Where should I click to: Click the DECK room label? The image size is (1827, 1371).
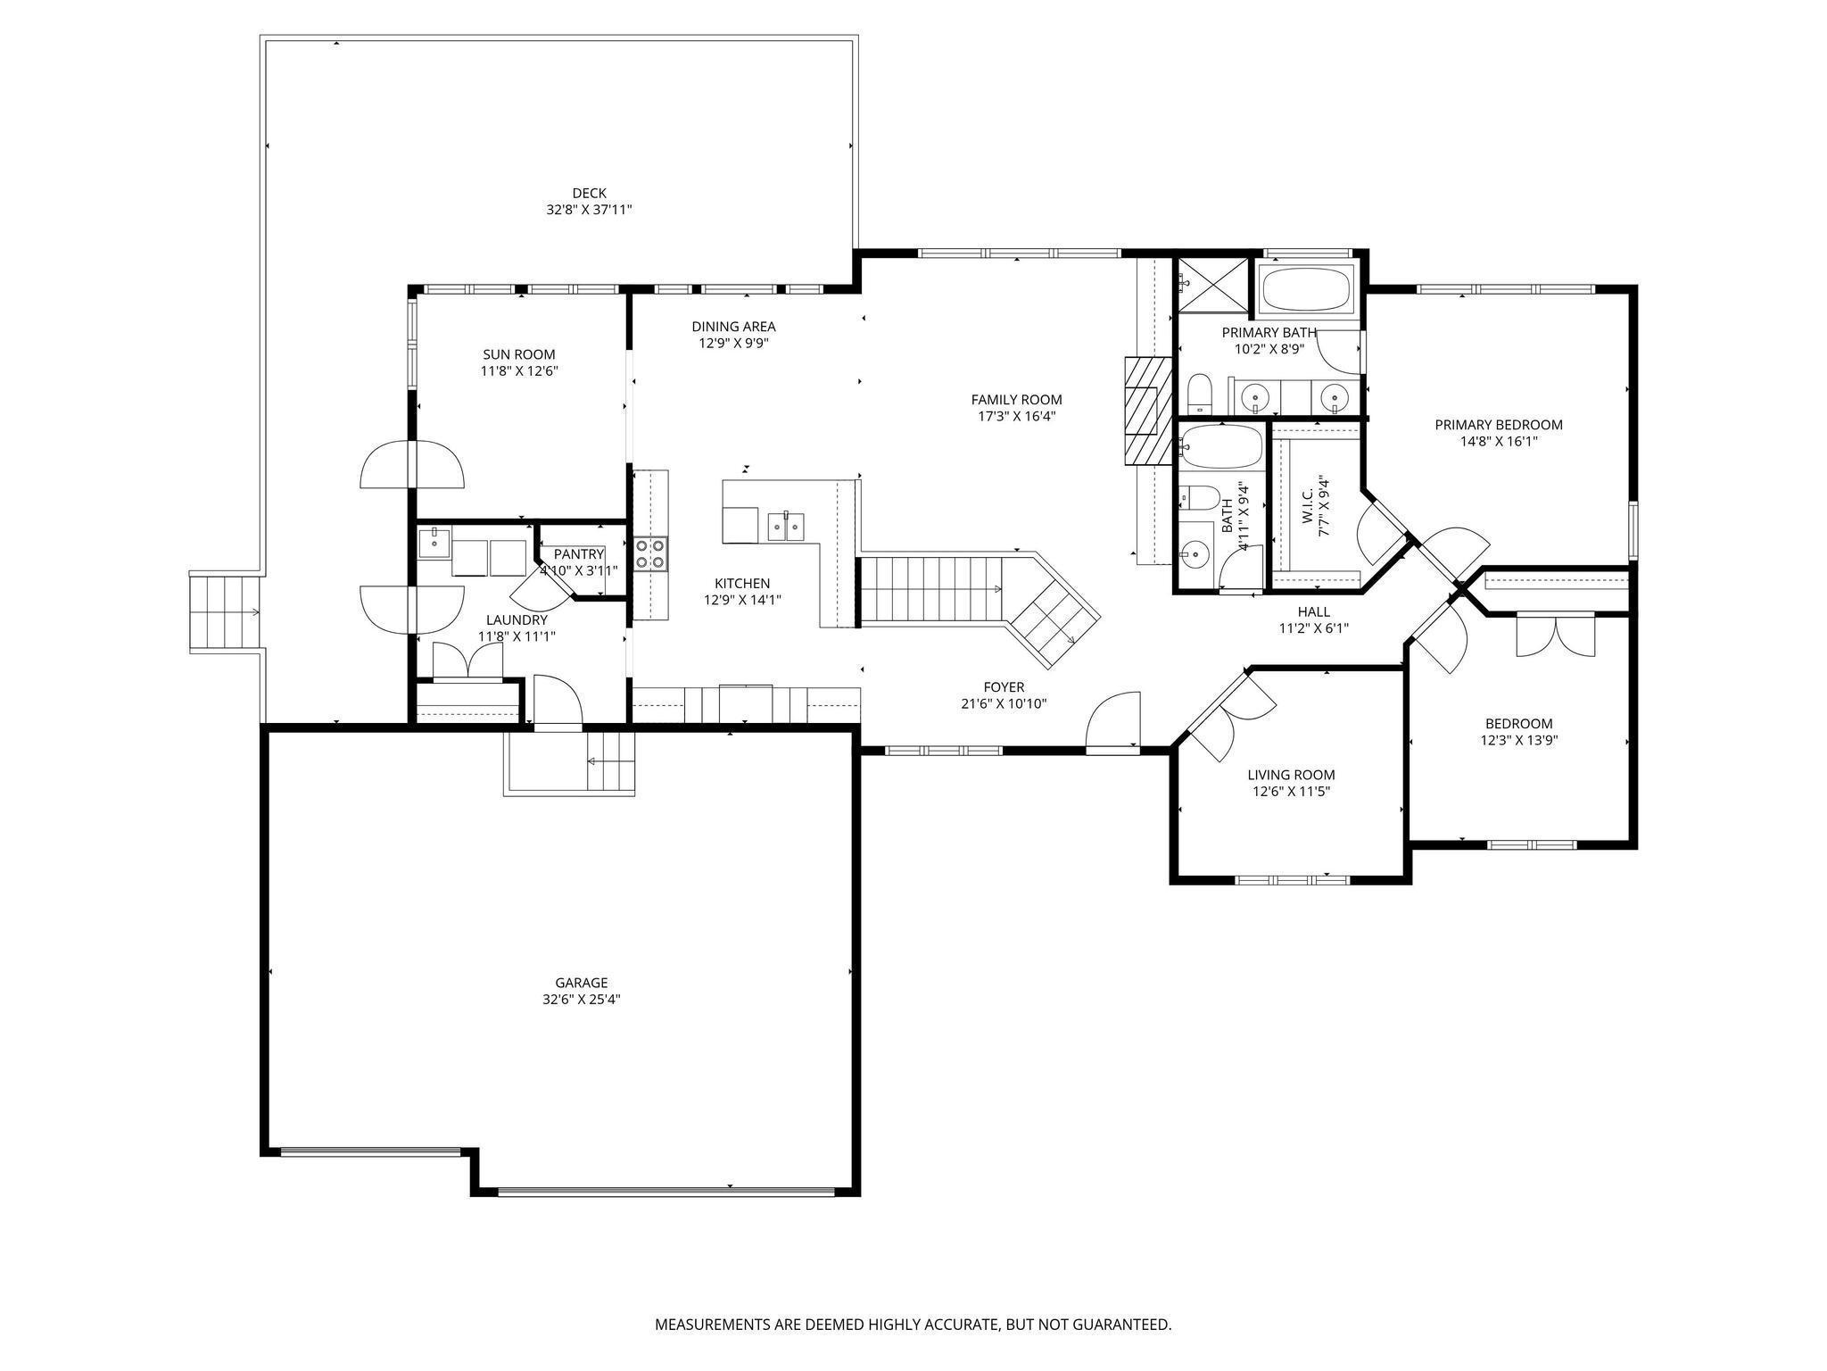pos(589,193)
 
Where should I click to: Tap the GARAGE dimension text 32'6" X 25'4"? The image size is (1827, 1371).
pos(581,1000)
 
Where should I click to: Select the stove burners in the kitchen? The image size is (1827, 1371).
pos(650,553)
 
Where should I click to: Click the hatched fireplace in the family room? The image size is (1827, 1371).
pos(1147,411)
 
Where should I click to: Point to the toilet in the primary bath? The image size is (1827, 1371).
pos(1200,395)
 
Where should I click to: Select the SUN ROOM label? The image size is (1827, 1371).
pos(519,354)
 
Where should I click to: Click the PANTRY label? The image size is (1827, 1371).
pos(579,554)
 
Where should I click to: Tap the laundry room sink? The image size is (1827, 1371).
pos(434,543)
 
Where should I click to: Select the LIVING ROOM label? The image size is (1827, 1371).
pos(1291,775)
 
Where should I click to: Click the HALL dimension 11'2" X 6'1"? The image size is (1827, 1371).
pos(1313,627)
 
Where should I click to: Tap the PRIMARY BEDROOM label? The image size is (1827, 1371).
pos(1499,425)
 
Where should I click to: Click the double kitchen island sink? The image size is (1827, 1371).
pos(787,527)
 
